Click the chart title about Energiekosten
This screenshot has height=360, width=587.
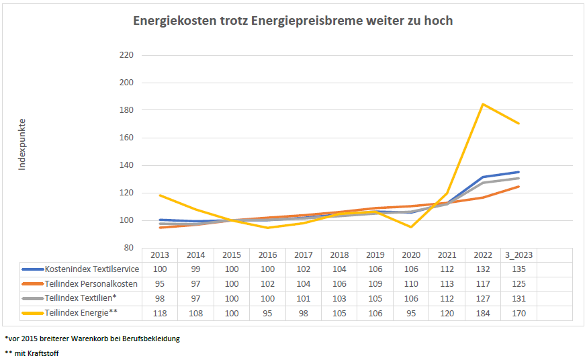[293, 21]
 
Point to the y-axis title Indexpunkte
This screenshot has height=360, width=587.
[22, 144]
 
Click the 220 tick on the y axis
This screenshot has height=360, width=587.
[126, 55]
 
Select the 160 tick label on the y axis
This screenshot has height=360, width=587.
[126, 110]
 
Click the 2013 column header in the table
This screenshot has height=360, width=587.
[160, 255]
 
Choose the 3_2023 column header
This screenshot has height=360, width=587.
[518, 255]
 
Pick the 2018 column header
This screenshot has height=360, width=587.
[339, 255]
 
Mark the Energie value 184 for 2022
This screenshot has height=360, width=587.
[483, 312]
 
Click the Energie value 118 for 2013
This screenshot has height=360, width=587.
[160, 312]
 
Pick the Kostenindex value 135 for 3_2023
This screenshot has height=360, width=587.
[518, 269]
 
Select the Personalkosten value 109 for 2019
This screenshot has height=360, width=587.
[375, 283]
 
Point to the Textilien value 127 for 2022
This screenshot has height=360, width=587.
[483, 298]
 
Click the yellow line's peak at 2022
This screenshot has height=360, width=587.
[483, 104]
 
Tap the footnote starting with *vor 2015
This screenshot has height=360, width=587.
[92, 339]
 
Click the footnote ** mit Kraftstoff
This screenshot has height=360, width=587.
[32, 353]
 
